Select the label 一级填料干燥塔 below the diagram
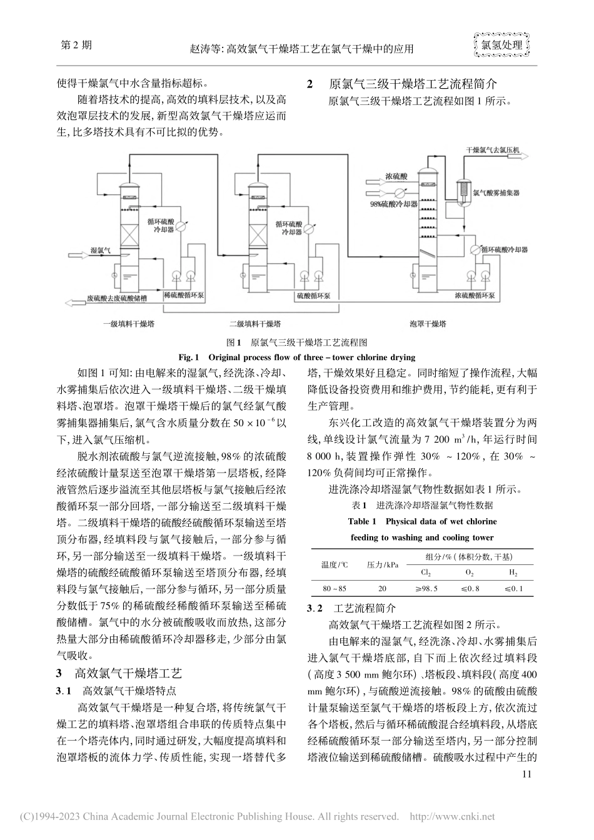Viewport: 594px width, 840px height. click(x=130, y=324)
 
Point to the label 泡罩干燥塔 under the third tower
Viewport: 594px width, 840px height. click(x=428, y=324)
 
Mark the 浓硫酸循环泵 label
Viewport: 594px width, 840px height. click(x=475, y=295)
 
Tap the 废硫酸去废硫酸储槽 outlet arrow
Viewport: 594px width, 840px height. click(x=78, y=302)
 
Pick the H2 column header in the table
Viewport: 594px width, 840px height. click(x=513, y=572)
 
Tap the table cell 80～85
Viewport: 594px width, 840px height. click(x=334, y=588)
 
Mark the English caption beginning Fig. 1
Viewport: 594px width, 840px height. click(x=296, y=357)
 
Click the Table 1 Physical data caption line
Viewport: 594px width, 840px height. click(x=422, y=521)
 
